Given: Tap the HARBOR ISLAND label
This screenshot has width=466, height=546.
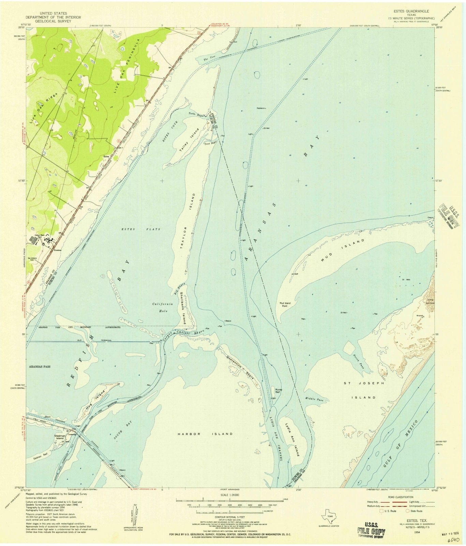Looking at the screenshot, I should (x=205, y=434).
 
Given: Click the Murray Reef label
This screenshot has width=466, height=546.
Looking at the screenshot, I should (x=275, y=391).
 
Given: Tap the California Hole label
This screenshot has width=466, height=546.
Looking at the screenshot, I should (x=162, y=307).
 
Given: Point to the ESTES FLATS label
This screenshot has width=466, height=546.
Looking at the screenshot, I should (x=141, y=229).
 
